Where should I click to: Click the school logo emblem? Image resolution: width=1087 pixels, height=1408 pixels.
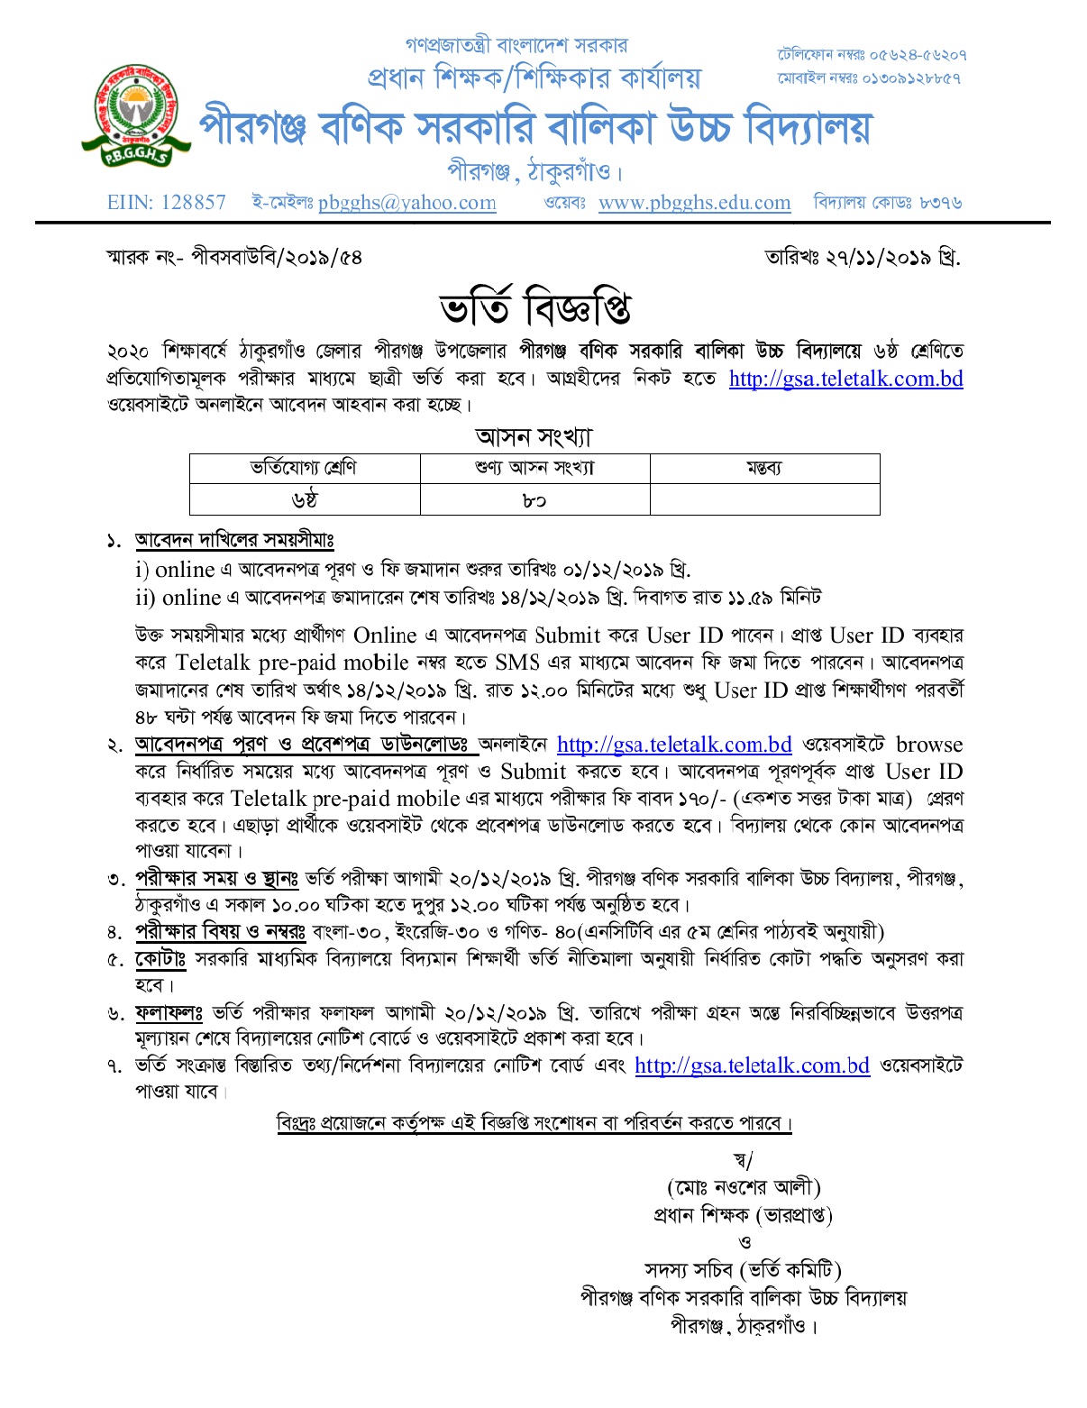point(137,114)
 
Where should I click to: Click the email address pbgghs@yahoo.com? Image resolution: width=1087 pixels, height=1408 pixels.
point(406,203)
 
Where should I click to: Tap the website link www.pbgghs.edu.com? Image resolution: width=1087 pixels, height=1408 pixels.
point(694,203)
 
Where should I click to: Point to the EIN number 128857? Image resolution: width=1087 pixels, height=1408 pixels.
point(193,202)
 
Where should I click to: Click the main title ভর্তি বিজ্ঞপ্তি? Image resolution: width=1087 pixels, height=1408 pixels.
point(534,307)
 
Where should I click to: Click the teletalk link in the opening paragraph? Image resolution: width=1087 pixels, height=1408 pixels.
point(845,379)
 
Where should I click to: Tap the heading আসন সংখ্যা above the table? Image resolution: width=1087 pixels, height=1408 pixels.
point(534,437)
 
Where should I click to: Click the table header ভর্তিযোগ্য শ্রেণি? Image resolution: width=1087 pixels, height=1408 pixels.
point(304,468)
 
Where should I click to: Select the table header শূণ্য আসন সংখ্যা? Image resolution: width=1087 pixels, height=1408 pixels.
point(534,468)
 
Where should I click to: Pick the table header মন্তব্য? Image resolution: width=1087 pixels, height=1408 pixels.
point(764,468)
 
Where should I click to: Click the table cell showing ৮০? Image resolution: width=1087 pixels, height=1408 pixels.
point(534,499)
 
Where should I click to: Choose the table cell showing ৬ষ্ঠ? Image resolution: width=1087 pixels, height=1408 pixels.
point(304,499)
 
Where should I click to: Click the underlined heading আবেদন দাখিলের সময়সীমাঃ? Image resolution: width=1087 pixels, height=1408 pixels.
point(234,541)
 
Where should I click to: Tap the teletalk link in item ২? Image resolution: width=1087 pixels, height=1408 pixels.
point(674,745)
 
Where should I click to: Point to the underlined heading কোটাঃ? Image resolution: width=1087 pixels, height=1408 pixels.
point(160,959)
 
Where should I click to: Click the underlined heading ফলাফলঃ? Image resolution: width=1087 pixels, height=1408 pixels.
point(169,1013)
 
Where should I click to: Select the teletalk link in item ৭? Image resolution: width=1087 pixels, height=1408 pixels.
point(752,1066)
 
